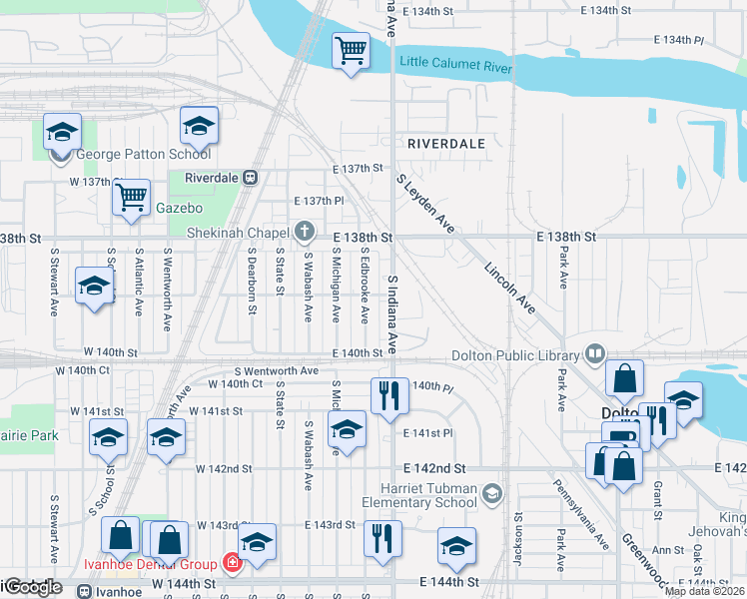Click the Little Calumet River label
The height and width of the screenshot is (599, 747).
click(x=455, y=65)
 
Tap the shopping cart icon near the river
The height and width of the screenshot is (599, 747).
click(x=351, y=50)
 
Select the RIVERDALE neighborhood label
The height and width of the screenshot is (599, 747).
click(x=445, y=144)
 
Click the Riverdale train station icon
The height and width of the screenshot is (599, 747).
click(x=251, y=178)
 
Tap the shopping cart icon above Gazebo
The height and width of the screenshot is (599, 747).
click(x=131, y=198)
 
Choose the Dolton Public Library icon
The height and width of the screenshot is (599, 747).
click(x=595, y=354)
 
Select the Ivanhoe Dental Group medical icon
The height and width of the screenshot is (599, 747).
click(x=233, y=564)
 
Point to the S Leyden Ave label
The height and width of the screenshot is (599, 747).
click(x=425, y=206)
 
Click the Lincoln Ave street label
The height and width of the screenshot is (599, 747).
click(x=509, y=288)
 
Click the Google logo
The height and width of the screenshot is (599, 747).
click(x=32, y=587)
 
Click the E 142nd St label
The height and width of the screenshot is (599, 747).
click(x=434, y=467)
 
